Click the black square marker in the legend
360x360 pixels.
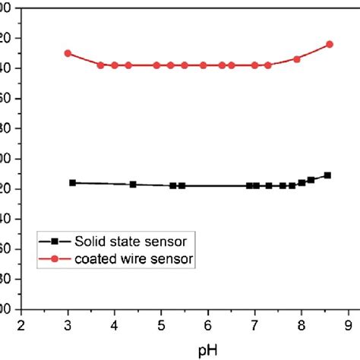55,242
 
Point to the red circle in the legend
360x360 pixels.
55,260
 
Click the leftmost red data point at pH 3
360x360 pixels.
68,53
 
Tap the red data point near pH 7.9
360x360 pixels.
297,59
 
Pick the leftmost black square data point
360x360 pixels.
73,183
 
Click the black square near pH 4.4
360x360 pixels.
133,185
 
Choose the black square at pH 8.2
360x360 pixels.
311,180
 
